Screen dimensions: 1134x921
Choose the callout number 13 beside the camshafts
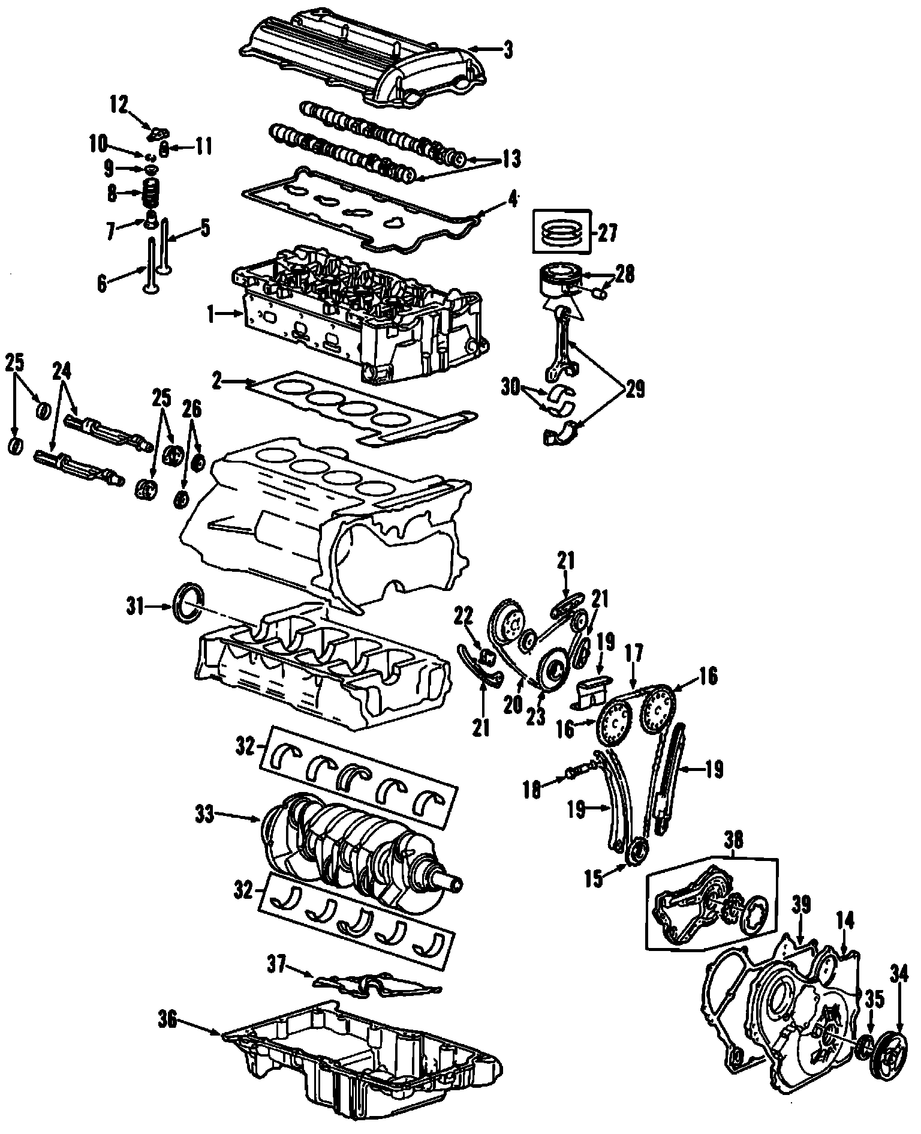point(511,160)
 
